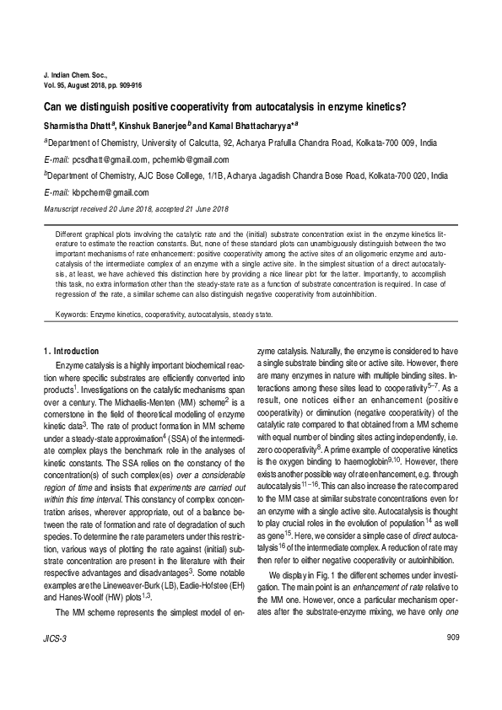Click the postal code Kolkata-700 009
(x=386, y=143)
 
